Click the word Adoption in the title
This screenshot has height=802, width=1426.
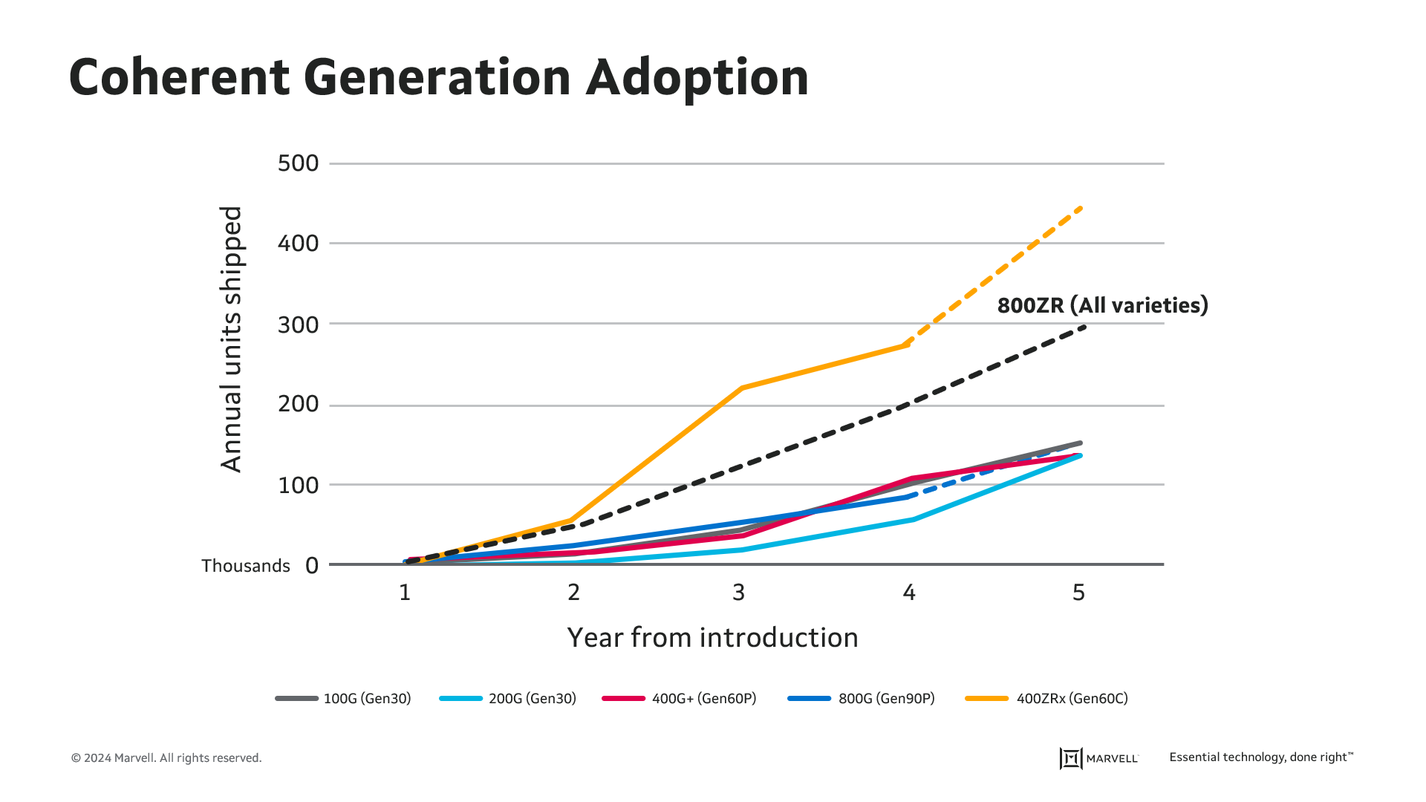point(697,77)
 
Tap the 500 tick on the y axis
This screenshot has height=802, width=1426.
point(298,163)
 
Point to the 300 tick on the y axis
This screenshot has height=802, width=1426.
point(298,325)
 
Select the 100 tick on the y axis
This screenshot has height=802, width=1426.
point(298,485)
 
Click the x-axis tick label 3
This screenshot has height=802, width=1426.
point(738,593)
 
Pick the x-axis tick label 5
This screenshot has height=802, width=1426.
point(1078,593)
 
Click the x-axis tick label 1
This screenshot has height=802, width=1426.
point(405,593)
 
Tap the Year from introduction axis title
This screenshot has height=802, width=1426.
point(712,638)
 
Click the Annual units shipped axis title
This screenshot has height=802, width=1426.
point(232,339)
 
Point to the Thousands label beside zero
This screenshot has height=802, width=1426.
point(246,566)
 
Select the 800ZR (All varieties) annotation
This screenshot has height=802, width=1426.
point(1102,305)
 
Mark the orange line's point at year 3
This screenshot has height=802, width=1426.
point(742,388)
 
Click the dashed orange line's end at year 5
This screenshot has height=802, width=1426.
point(1081,209)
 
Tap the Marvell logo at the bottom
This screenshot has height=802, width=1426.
point(1099,758)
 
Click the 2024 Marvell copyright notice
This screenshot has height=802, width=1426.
point(166,758)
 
